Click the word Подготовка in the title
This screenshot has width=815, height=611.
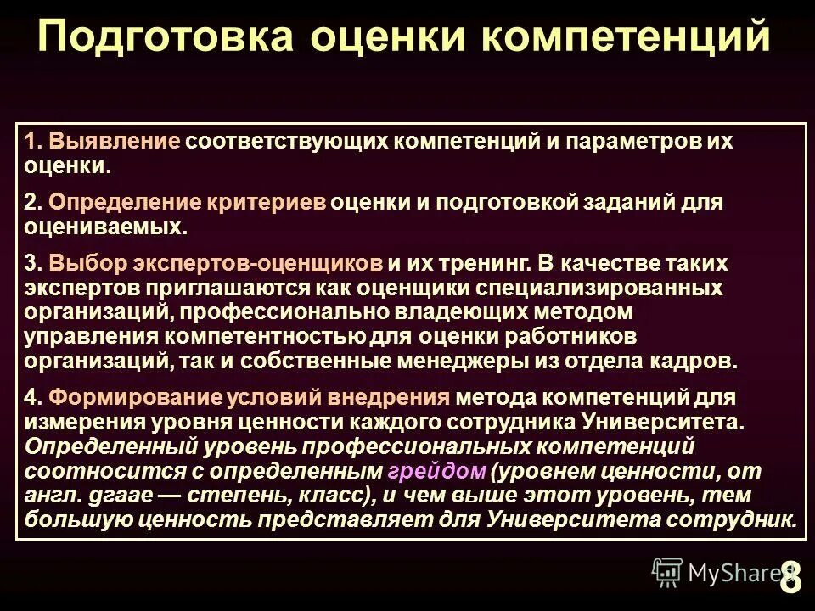click(166, 38)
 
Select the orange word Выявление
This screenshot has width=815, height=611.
click(114, 142)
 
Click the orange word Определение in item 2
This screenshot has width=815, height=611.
click(125, 204)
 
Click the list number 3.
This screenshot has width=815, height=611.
click(31, 265)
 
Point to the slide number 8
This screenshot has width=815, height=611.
click(790, 578)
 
